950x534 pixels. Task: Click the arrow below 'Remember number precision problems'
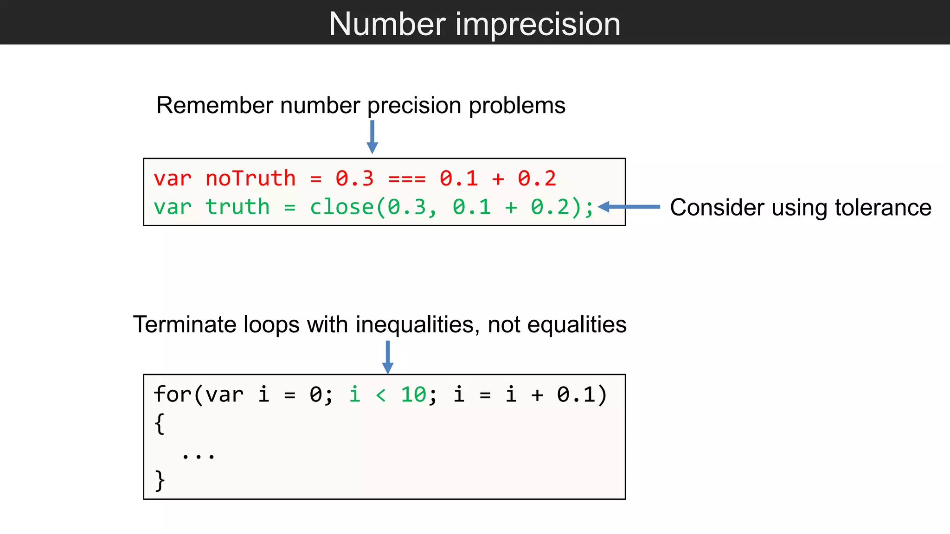pos(372,137)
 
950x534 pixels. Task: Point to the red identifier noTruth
pos(250,178)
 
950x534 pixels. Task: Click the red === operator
pos(407,179)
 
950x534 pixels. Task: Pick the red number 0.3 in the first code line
pos(354,178)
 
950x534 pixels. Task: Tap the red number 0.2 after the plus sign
pos(537,178)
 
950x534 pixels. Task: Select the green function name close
pos(342,207)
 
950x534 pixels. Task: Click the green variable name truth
pos(237,207)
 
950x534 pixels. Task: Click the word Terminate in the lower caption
pos(184,324)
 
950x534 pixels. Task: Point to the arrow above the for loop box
pos(388,357)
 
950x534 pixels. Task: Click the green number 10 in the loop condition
pos(413,394)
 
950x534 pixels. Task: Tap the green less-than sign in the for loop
pos(381,395)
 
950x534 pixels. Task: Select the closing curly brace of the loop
pos(160,480)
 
